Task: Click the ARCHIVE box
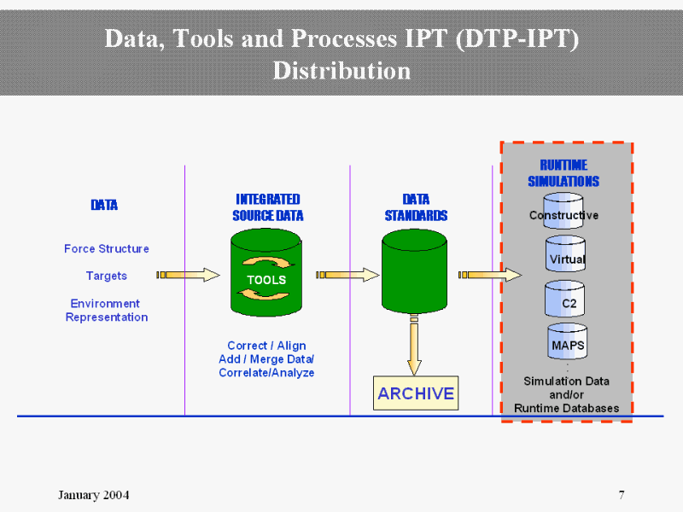tap(416, 393)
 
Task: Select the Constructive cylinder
tap(563, 212)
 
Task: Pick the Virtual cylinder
tap(566, 255)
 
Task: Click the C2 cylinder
tap(565, 300)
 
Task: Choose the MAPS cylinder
tap(566, 342)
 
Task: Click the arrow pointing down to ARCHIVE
tap(414, 345)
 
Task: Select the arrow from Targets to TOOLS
tap(188, 275)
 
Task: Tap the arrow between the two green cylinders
tap(347, 275)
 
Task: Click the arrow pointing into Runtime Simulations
tap(490, 275)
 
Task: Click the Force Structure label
tap(107, 249)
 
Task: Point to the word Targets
tap(107, 276)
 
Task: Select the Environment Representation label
tap(107, 311)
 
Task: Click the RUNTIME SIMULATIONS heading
tap(563, 173)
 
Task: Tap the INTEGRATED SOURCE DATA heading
tap(267, 207)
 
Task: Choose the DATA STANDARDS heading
tap(416, 207)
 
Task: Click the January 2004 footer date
tap(94, 496)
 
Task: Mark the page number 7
tap(622, 495)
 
